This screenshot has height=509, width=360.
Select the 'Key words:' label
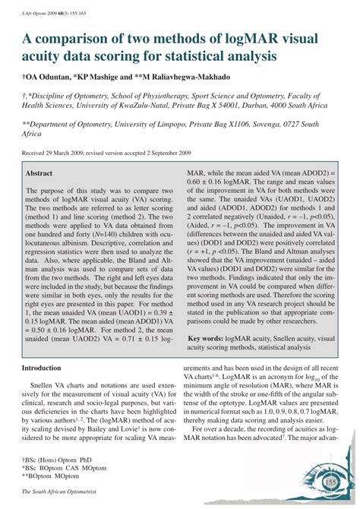(x=208, y=337)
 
